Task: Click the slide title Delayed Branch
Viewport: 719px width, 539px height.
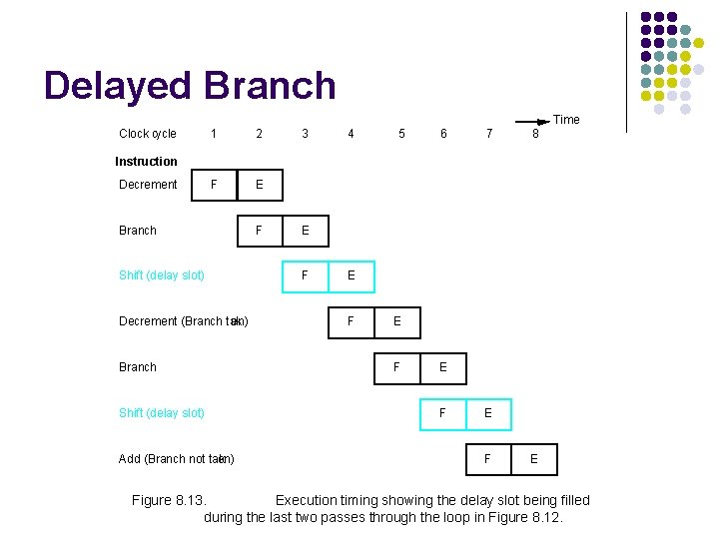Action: tap(190, 86)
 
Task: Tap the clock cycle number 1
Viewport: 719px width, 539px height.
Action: tap(213, 134)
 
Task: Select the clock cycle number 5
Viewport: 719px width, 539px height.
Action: tap(401, 134)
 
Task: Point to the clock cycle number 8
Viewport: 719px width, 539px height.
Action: tap(535, 134)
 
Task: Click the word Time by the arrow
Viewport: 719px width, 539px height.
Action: tap(566, 120)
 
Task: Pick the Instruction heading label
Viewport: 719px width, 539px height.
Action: tap(146, 162)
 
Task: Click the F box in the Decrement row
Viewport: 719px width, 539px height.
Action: tap(214, 185)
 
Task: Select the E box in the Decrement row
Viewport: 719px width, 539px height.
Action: tap(260, 185)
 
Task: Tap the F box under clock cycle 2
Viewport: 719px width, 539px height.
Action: tap(260, 231)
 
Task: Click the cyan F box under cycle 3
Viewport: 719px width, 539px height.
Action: tap(305, 274)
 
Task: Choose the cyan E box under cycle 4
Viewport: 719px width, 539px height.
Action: tap(351, 274)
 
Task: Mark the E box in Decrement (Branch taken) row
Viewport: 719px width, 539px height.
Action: tap(396, 321)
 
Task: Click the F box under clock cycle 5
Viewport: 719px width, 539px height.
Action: tap(396, 367)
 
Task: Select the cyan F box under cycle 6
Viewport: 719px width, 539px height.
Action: tap(442, 412)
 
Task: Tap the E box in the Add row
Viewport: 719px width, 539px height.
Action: tap(534, 459)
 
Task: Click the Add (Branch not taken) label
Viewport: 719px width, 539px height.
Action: tap(176, 459)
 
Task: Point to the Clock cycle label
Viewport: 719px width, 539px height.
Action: tap(147, 134)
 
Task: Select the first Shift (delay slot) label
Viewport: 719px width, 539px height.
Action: tap(162, 275)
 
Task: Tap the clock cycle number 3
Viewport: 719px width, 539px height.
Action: tap(305, 134)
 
